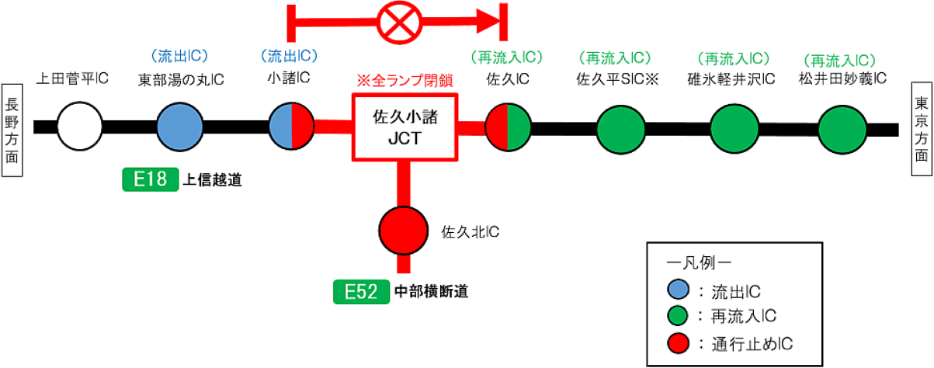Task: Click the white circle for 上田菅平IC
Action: [x=80, y=125]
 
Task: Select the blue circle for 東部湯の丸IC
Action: [x=180, y=125]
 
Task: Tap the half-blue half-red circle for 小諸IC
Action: [x=291, y=125]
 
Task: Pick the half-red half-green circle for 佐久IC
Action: [x=507, y=125]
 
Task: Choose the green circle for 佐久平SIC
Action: [x=621, y=125]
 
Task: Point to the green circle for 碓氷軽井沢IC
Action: [x=734, y=125]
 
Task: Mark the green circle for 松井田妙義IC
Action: [x=842, y=125]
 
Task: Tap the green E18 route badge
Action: [x=151, y=179]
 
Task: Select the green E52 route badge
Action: [x=361, y=292]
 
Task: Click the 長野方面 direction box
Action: [x=12, y=120]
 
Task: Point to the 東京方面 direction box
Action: [x=922, y=120]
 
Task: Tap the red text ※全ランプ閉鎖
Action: [x=405, y=81]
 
